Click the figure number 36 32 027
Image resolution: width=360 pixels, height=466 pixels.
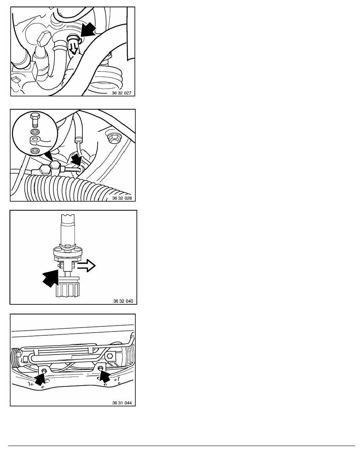point(122,93)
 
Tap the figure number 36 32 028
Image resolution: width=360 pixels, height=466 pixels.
point(122,198)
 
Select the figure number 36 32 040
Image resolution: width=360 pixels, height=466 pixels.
point(123,301)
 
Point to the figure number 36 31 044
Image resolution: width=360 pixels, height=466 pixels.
point(122,403)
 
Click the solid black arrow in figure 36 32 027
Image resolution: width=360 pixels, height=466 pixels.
point(88,30)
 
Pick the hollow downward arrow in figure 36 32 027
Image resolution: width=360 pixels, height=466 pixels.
point(73,48)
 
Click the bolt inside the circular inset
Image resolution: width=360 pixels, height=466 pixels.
point(35,119)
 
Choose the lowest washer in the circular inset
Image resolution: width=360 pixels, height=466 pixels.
point(35,150)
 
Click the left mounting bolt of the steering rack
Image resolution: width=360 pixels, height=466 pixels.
point(45,370)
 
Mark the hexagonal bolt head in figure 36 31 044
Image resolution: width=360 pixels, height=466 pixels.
point(109,356)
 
